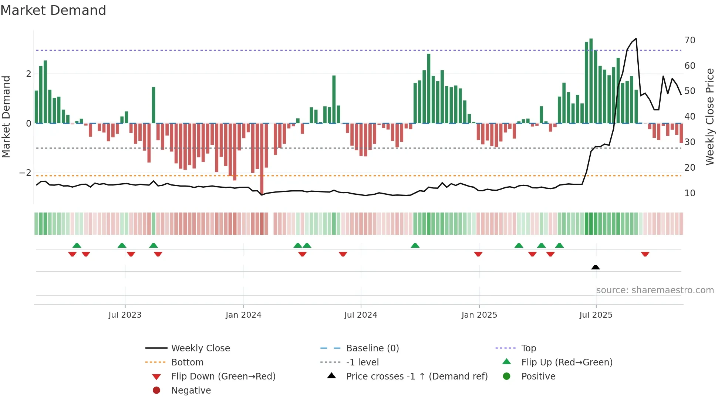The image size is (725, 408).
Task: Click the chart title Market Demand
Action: (x=53, y=10)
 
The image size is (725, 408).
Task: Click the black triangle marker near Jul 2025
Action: (x=596, y=267)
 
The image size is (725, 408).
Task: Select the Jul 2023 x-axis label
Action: (x=125, y=315)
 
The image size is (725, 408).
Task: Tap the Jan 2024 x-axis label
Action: (x=243, y=315)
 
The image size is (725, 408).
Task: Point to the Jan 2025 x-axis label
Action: (x=479, y=315)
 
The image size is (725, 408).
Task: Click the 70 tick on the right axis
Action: (x=689, y=40)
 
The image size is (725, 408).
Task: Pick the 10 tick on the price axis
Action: (x=689, y=193)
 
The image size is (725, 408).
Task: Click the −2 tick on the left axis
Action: (x=25, y=173)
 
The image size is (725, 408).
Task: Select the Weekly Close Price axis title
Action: (x=709, y=117)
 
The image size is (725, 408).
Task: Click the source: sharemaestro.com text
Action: (x=655, y=290)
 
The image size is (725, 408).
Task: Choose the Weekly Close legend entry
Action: (x=200, y=348)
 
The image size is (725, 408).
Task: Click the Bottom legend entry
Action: (x=187, y=362)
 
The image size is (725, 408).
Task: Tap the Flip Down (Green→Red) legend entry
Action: (x=223, y=376)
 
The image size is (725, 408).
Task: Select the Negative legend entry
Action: (x=191, y=390)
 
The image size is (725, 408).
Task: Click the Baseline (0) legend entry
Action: (x=372, y=348)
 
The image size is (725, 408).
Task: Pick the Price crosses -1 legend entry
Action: (x=417, y=376)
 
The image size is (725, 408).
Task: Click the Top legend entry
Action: (x=528, y=348)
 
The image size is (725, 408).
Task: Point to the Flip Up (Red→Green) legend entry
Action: (x=567, y=362)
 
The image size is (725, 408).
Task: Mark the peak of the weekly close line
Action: (x=636, y=39)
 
